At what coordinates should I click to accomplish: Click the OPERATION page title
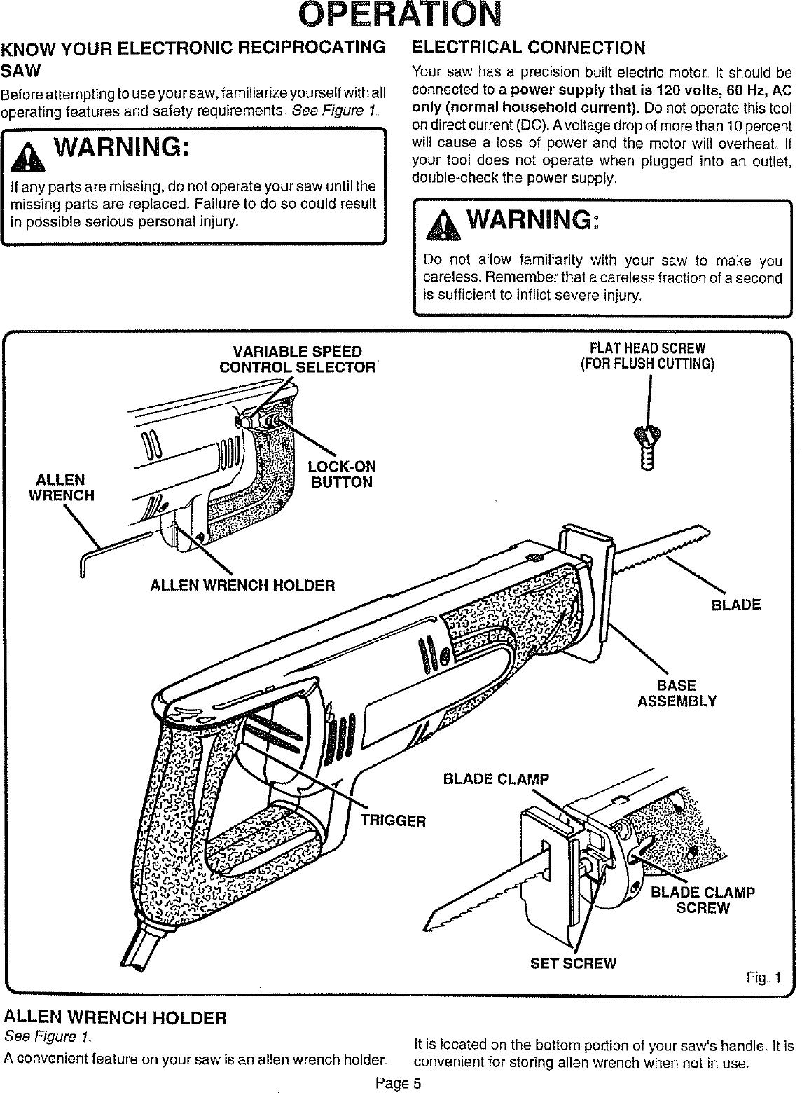point(401,15)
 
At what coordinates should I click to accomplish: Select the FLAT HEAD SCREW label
point(647,356)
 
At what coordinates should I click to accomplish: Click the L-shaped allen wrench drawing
point(105,553)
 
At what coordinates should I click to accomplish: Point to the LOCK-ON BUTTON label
point(343,474)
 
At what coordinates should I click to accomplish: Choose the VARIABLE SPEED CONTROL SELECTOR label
point(297,359)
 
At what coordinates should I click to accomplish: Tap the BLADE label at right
point(735,605)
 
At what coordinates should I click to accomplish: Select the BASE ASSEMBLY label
point(677,693)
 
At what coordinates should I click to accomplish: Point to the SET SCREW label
point(573,963)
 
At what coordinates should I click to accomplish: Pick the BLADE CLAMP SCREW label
point(703,900)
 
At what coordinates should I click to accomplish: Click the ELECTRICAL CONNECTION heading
point(529,48)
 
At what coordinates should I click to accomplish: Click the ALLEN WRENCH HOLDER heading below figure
point(116,1017)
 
